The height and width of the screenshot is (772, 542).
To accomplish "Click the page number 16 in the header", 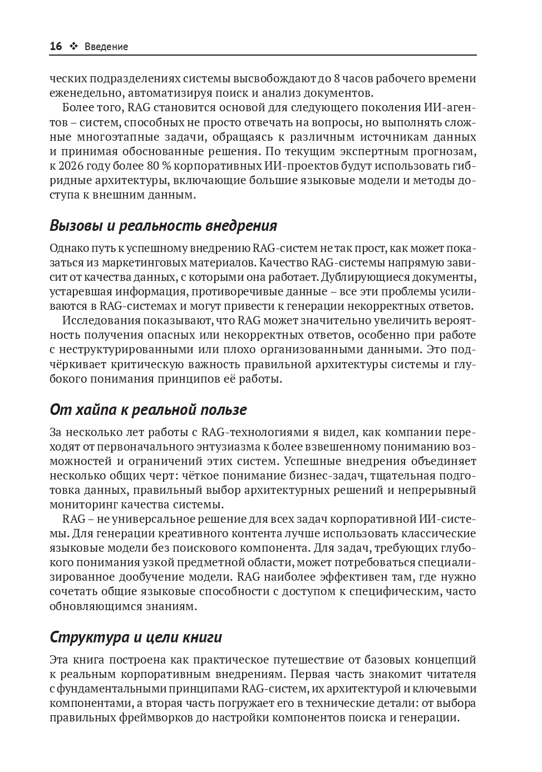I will [56, 47].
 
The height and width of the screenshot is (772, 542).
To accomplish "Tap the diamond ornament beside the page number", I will [73, 47].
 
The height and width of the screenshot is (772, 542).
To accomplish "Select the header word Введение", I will [106, 47].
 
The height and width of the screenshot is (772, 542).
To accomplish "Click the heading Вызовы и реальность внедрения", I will [163, 226].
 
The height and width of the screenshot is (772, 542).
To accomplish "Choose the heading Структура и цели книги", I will [136, 637].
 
